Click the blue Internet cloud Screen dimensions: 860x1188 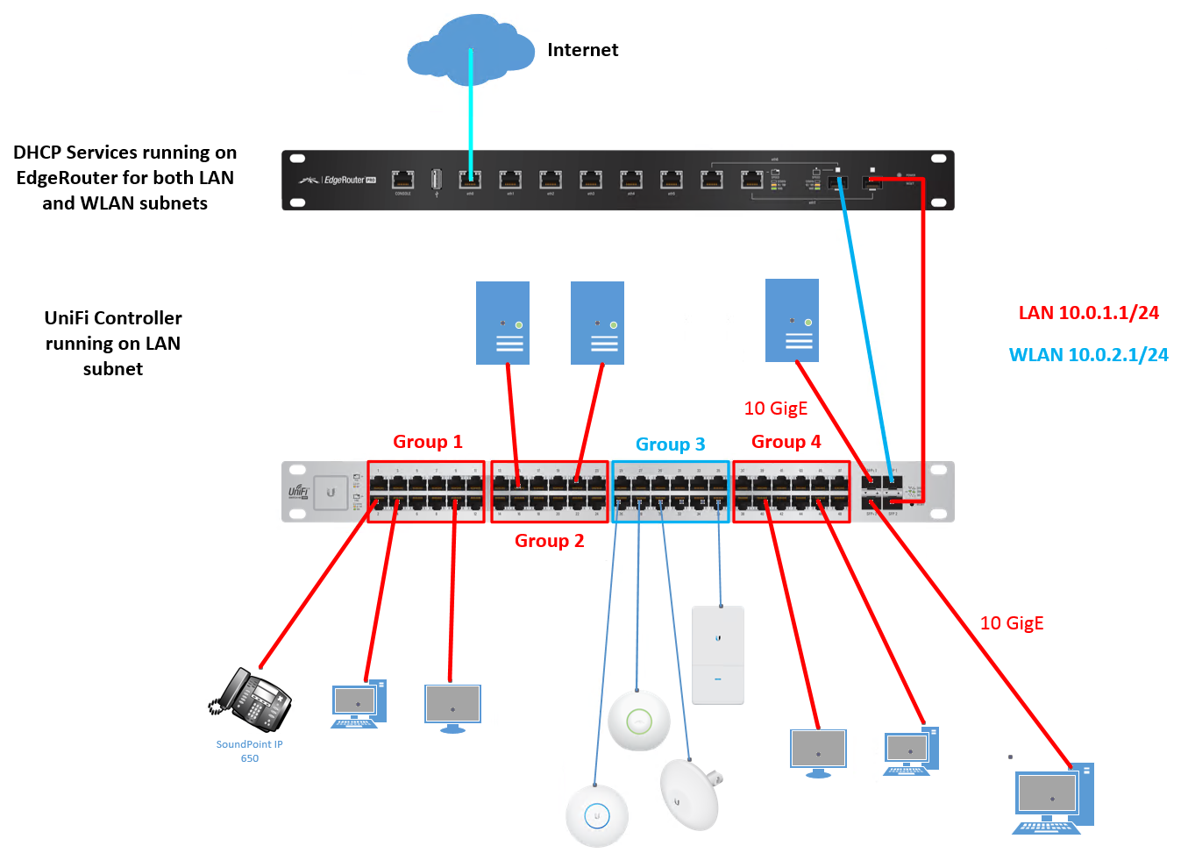[470, 50]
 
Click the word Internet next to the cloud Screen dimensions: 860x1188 [582, 50]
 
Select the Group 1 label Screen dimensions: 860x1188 [427, 442]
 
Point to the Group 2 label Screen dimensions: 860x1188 [549, 541]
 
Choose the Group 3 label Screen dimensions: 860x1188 [670, 444]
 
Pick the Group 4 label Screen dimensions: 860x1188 [786, 442]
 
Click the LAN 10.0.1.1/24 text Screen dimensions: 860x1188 [1088, 313]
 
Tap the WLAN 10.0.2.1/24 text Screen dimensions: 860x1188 [1088, 355]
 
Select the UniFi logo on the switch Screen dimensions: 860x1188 [298, 492]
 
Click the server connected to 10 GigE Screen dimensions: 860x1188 [792, 321]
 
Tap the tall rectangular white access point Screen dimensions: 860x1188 [718, 655]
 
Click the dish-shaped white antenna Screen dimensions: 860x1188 [690, 794]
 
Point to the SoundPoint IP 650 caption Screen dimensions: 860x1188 [250, 751]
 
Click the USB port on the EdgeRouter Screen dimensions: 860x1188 [437, 180]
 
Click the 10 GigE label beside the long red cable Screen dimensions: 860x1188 [1012, 623]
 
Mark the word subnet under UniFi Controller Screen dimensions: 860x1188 [113, 369]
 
